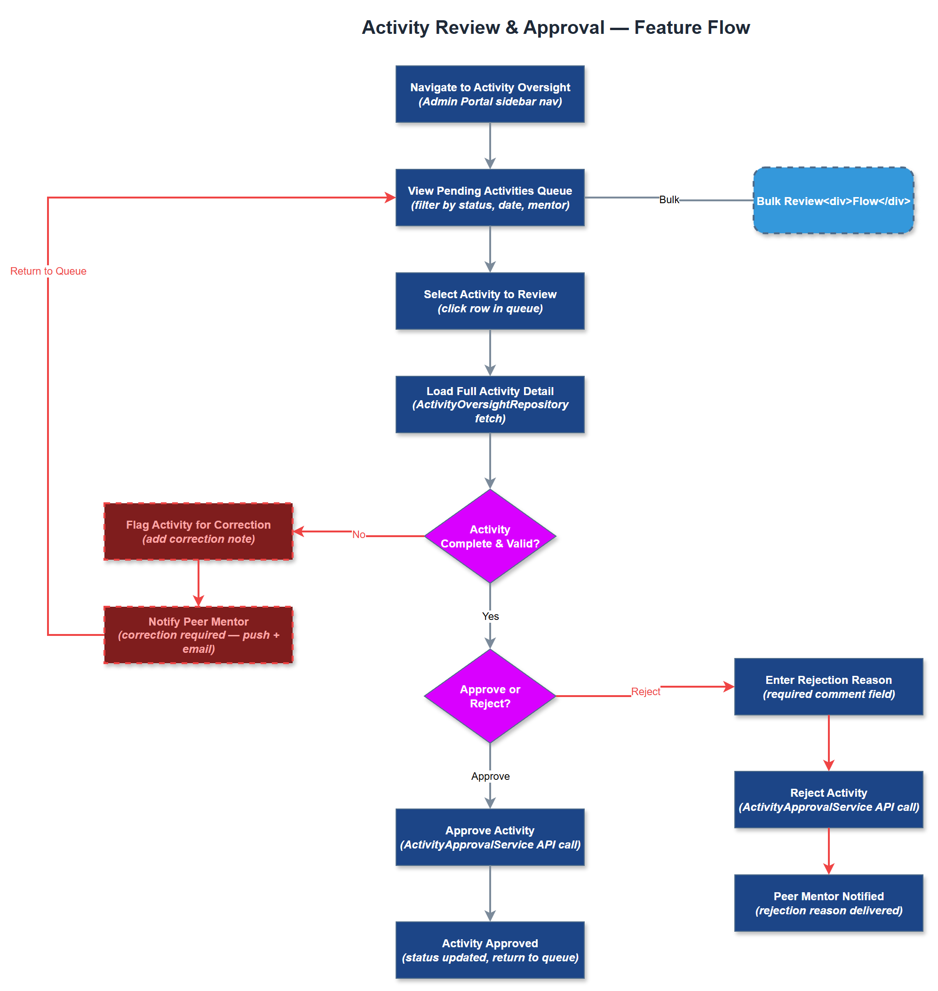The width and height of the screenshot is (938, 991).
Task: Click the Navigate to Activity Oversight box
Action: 490,94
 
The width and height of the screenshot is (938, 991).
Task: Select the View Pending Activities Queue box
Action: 490,198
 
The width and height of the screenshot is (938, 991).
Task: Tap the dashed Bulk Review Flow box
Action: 833,200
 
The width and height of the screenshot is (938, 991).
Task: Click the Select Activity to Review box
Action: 490,301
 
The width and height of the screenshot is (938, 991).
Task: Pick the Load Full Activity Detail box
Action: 490,404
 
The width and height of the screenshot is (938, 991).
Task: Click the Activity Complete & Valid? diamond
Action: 490,536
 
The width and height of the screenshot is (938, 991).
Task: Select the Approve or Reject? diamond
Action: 490,696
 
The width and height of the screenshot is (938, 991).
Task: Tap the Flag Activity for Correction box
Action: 198,531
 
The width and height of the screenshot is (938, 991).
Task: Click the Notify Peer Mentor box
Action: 198,635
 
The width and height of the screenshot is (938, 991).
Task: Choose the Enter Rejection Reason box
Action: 828,687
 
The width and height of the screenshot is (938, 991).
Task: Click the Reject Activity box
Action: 828,800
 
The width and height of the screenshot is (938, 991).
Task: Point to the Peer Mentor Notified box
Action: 828,903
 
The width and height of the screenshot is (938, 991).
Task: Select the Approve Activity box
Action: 490,837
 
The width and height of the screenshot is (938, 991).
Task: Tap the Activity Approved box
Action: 490,950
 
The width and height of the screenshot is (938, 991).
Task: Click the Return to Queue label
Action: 48,271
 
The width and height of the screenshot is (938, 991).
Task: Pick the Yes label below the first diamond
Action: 490,616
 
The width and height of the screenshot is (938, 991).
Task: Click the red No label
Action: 358,534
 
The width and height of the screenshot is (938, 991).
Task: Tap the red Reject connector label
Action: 645,691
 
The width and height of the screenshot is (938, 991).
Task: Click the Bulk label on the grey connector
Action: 668,199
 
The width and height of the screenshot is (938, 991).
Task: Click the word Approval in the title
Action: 564,27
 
